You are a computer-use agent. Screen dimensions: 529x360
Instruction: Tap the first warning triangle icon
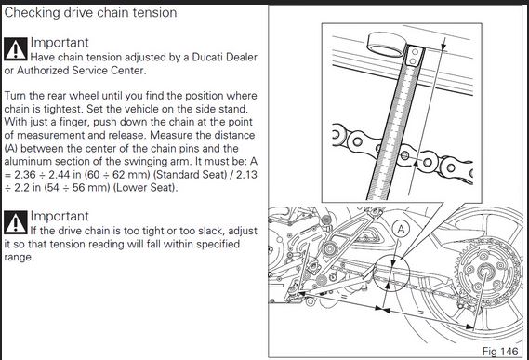tap(16, 49)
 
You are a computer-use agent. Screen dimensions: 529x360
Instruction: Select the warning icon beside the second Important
tap(16, 222)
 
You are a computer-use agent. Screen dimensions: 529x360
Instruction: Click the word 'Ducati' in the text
tap(206, 57)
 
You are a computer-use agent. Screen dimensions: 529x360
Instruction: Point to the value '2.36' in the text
tap(24, 175)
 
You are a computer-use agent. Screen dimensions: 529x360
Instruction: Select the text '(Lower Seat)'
tap(145, 187)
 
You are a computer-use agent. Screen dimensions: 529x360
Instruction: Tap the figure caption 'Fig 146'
tap(500, 352)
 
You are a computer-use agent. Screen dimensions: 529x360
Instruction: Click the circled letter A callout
tap(401, 230)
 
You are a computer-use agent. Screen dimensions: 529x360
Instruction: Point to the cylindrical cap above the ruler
tap(387, 44)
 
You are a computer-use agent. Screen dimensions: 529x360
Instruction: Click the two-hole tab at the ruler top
tap(414, 57)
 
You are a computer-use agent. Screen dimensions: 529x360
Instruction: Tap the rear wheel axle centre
tap(484, 271)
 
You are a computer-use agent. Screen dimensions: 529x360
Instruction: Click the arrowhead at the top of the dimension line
tap(443, 43)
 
